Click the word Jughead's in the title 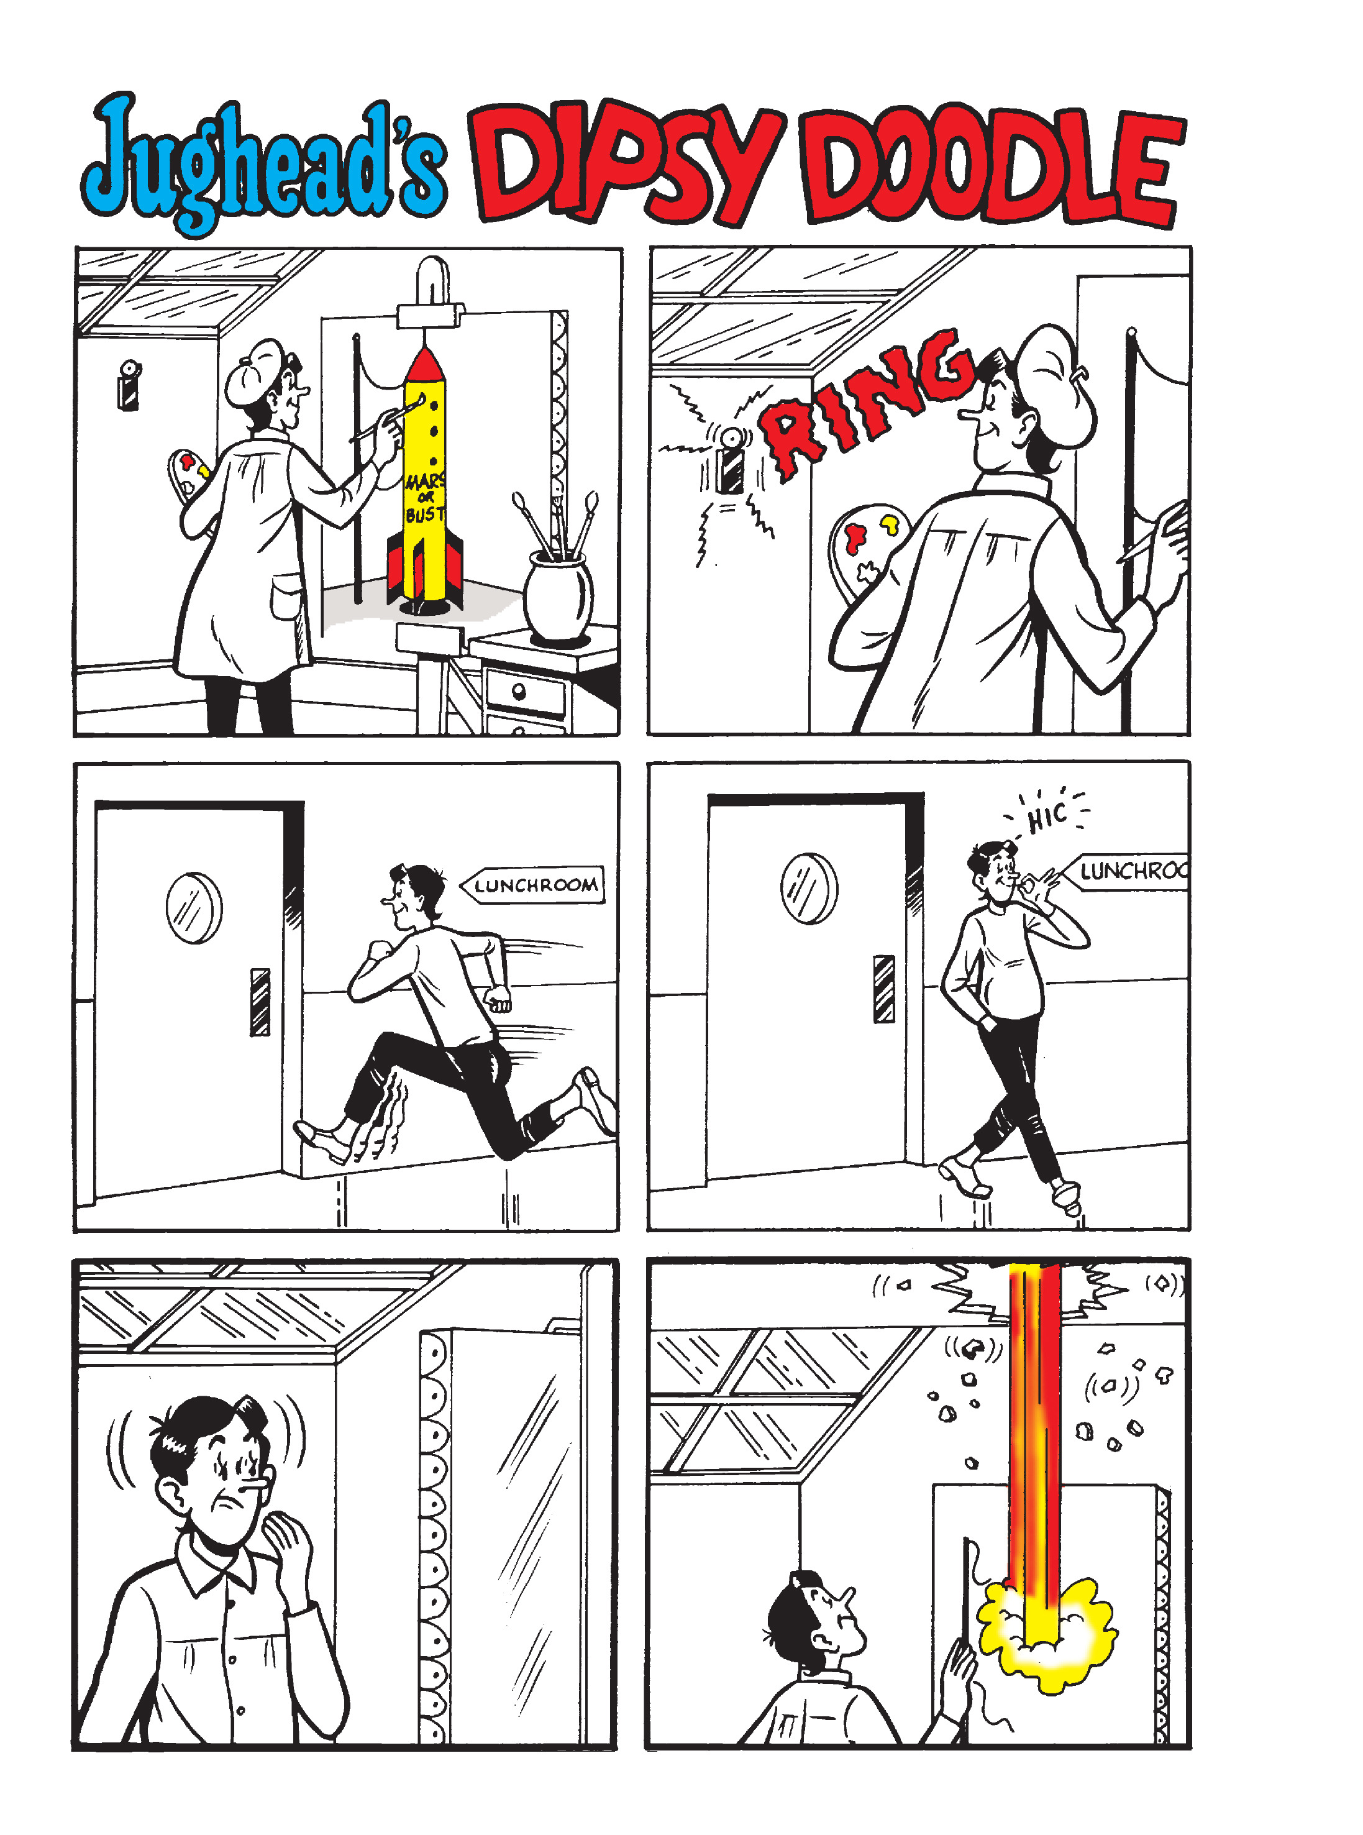click(264, 161)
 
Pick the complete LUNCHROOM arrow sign click(532, 884)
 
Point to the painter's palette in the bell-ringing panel click(866, 544)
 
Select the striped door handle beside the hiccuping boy click(883, 989)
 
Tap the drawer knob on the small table click(518, 690)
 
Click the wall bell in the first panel click(128, 385)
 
